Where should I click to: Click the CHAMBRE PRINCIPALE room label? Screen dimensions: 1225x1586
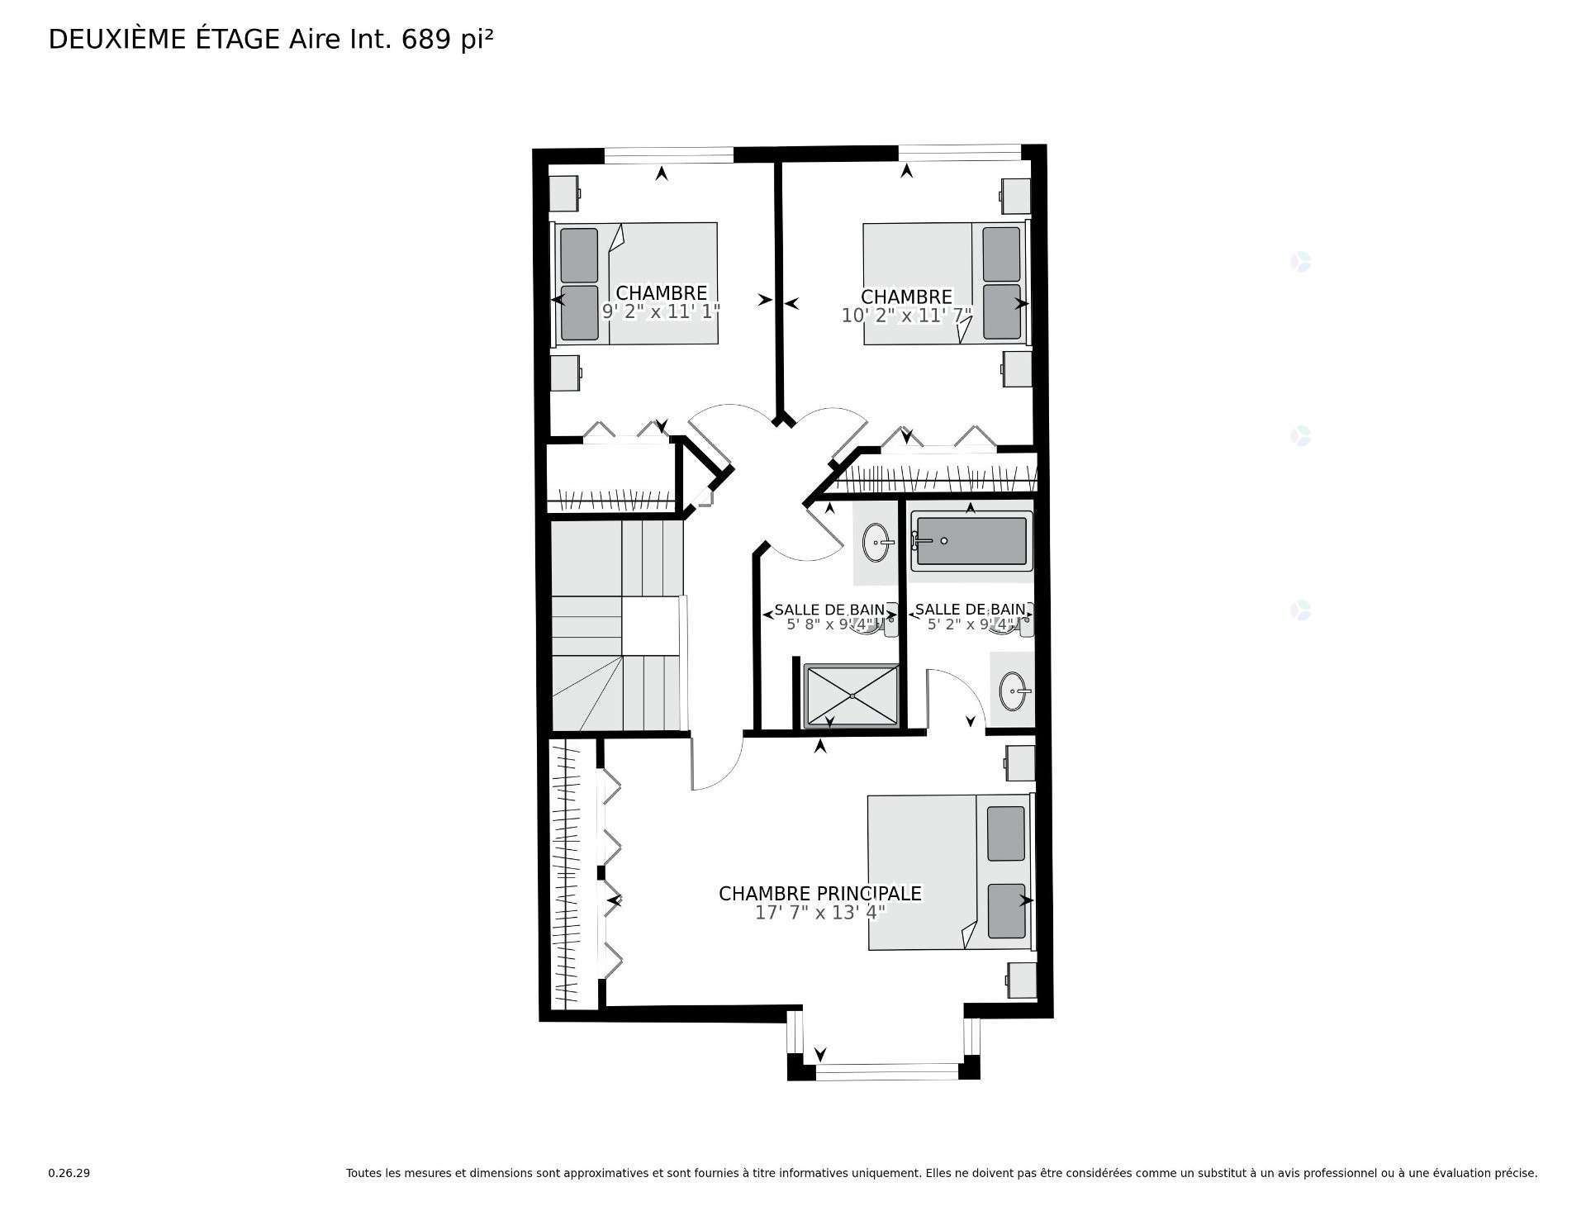click(819, 894)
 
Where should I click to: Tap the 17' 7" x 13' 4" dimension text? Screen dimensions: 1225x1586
click(819, 913)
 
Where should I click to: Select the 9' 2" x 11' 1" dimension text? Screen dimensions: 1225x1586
click(661, 311)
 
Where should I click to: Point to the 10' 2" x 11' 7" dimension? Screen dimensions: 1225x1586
click(906, 316)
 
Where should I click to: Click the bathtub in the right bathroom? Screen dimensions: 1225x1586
click(971, 541)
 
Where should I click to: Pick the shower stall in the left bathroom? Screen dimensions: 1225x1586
click(852, 696)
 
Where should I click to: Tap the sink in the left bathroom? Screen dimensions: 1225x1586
click(876, 543)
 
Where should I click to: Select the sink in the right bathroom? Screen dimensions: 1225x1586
click(1014, 691)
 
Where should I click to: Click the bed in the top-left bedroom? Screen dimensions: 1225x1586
click(636, 283)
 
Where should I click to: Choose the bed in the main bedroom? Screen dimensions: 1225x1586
click(949, 872)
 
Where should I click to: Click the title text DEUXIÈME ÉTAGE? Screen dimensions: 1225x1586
click(164, 39)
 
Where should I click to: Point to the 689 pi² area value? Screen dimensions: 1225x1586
click(447, 39)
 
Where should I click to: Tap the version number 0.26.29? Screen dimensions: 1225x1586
click(69, 1173)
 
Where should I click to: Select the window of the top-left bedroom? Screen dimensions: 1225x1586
click(668, 154)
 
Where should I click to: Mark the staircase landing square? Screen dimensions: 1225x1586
click(649, 627)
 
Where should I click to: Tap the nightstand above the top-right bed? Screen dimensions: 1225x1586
click(1015, 197)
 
